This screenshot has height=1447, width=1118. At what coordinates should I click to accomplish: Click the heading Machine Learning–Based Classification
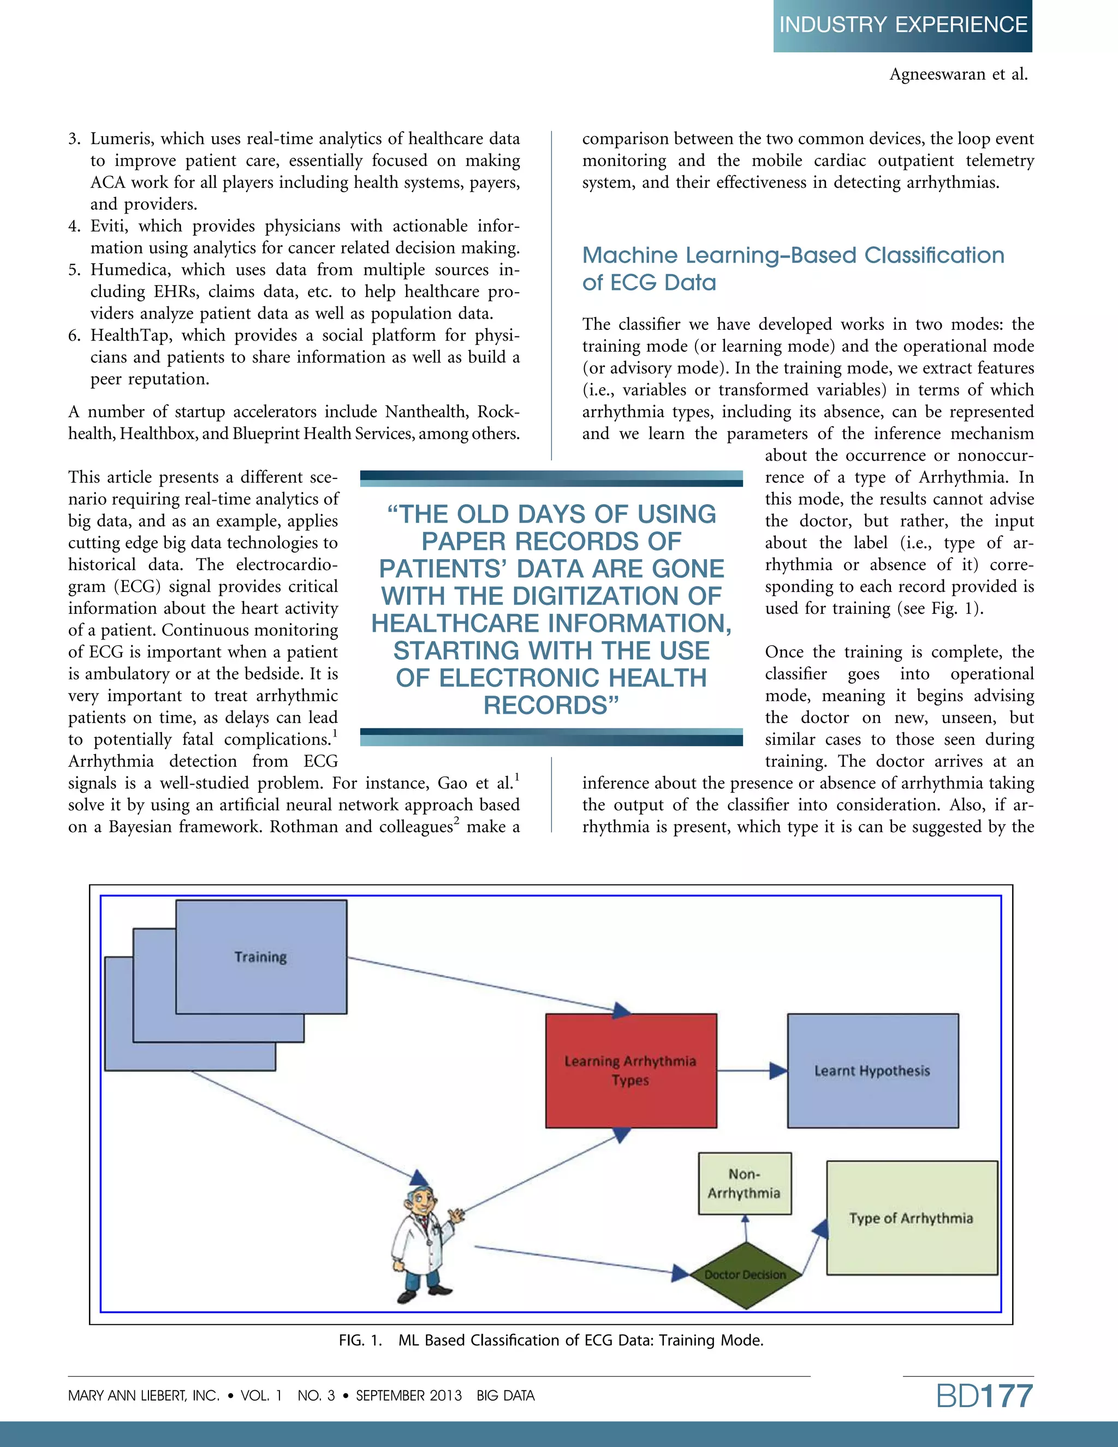coord(793,256)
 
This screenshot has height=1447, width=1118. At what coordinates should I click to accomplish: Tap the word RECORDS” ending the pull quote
coord(551,705)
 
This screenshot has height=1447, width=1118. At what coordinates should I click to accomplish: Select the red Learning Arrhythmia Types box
coord(631,1070)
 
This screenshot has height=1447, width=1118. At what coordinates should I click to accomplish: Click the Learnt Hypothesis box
coord(872,1071)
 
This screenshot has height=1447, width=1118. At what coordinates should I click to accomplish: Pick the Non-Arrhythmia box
coord(745,1183)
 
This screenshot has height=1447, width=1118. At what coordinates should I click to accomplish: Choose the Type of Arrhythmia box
coord(911,1218)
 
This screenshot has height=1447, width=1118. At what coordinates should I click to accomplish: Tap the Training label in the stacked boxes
coord(260,957)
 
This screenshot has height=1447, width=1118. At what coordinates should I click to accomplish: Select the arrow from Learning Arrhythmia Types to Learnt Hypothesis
coord(752,1071)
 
